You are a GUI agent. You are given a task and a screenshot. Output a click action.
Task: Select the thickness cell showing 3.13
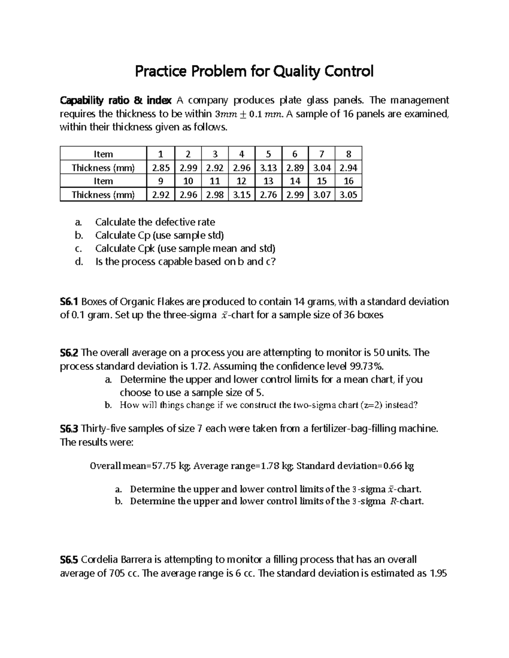[x=268, y=168]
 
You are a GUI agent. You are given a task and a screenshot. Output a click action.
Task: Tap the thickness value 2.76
[x=268, y=195]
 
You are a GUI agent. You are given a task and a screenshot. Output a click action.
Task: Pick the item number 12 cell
[x=241, y=181]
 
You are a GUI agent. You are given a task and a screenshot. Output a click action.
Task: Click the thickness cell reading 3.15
[x=241, y=195]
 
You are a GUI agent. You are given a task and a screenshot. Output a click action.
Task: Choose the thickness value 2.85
[x=161, y=168]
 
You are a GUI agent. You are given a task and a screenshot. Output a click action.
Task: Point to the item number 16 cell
[x=348, y=181]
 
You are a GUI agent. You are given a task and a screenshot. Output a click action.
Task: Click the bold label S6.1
[x=69, y=302]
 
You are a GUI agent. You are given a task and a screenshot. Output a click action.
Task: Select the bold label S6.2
[x=69, y=353]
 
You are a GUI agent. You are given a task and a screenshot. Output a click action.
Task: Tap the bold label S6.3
[x=69, y=428]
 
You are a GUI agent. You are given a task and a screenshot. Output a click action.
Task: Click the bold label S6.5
[x=69, y=559]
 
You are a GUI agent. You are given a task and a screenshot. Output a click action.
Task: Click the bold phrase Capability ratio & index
[x=115, y=100]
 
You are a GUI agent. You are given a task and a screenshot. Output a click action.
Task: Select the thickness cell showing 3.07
[x=322, y=195]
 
